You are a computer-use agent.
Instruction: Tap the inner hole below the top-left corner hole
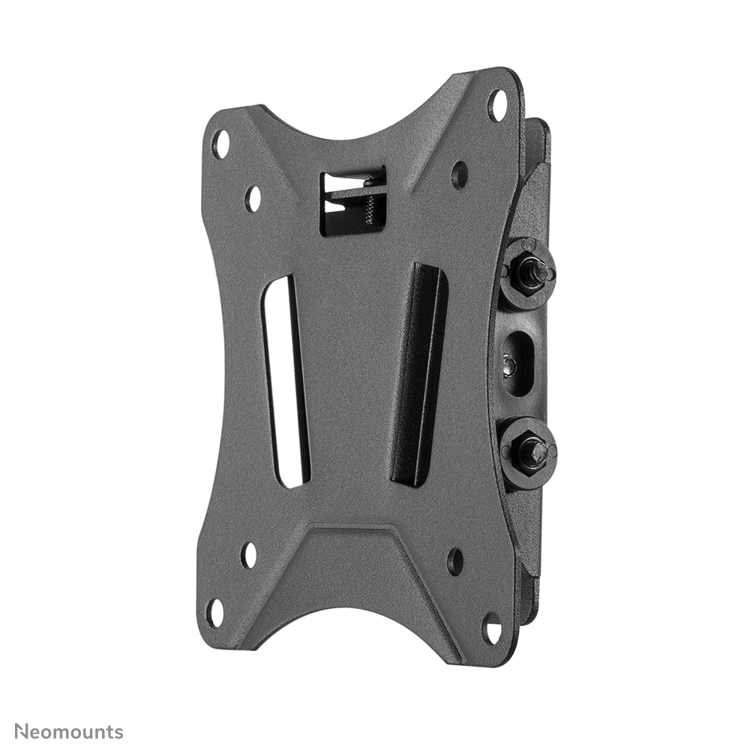pos(253,198)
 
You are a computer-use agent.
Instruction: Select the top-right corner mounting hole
pos(497,105)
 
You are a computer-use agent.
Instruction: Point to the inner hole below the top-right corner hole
pos(460,175)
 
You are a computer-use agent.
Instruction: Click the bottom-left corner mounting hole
pos(215,613)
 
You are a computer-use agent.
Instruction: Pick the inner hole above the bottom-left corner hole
pos(249,555)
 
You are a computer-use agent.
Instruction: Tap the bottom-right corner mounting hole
pos(491,628)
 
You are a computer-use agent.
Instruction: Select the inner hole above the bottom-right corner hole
pos(454,561)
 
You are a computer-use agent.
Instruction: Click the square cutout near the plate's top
pos(353,201)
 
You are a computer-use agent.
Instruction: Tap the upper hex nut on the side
pos(528,273)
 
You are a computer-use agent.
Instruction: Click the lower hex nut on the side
pos(529,453)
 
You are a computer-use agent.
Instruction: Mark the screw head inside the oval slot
pos(510,365)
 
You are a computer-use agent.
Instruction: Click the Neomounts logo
pos(69,731)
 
